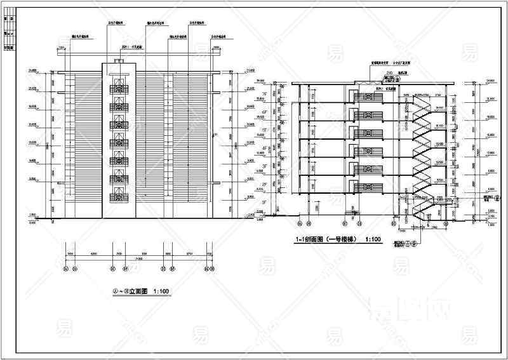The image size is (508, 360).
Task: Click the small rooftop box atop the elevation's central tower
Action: pos(119,61)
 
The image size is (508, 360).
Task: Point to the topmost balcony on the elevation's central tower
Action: pos(119,90)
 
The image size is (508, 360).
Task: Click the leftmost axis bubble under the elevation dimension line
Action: pos(67,269)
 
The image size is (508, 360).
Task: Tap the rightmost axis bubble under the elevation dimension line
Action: pos(212,269)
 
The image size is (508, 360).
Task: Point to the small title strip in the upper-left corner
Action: pos(9,32)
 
